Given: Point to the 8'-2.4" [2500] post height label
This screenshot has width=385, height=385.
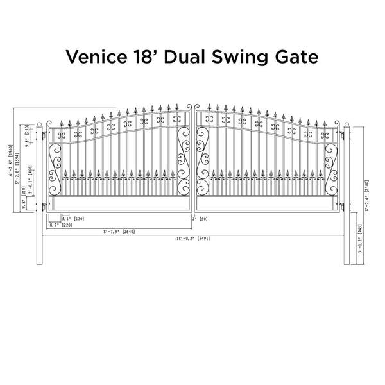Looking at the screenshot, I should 366,193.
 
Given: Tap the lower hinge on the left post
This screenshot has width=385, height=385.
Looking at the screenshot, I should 45,205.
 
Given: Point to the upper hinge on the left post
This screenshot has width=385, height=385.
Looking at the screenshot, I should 45,136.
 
